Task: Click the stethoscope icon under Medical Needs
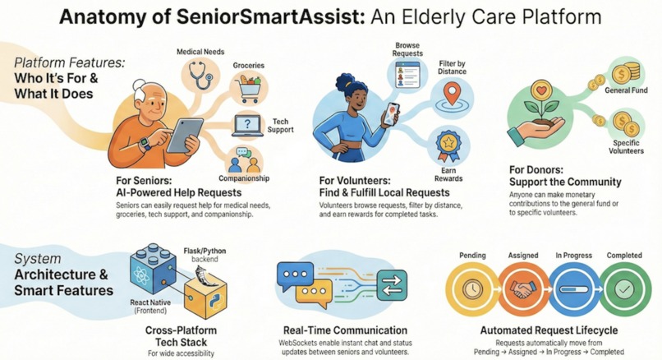[x=200, y=76]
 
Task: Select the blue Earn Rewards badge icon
[x=448, y=145]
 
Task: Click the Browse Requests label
[x=408, y=48]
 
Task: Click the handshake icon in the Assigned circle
[x=523, y=290]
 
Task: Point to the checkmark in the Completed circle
[x=623, y=290]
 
